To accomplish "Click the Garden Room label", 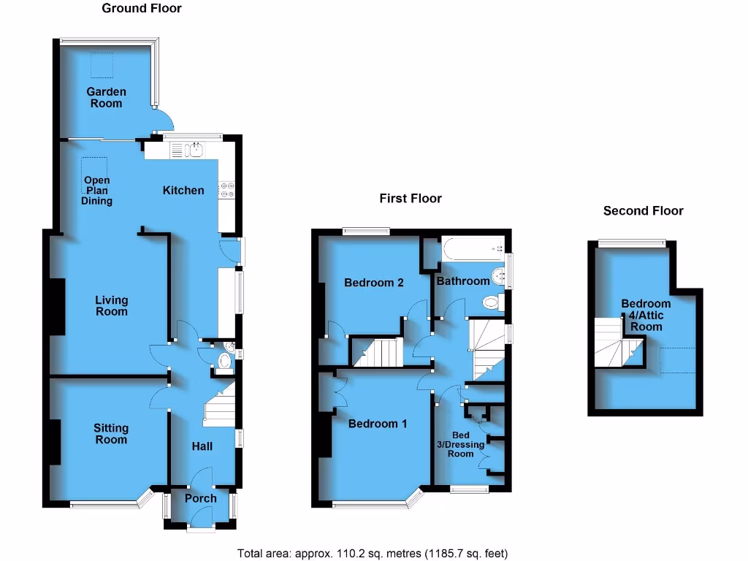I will click(106, 97).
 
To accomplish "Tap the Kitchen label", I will click(183, 190).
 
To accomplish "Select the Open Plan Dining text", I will click(97, 191).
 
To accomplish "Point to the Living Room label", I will click(111, 305).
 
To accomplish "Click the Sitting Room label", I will click(111, 434).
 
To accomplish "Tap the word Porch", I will click(200, 498).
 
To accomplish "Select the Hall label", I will click(202, 446).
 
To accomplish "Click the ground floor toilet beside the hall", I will click(224, 360).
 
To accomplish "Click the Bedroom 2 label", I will click(374, 282).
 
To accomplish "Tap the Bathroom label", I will click(463, 281).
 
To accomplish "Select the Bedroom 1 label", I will click(378, 424).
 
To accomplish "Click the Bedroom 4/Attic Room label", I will click(646, 315).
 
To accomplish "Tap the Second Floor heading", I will click(643, 210).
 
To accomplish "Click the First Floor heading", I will click(410, 198).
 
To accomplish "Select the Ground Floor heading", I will click(141, 9).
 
